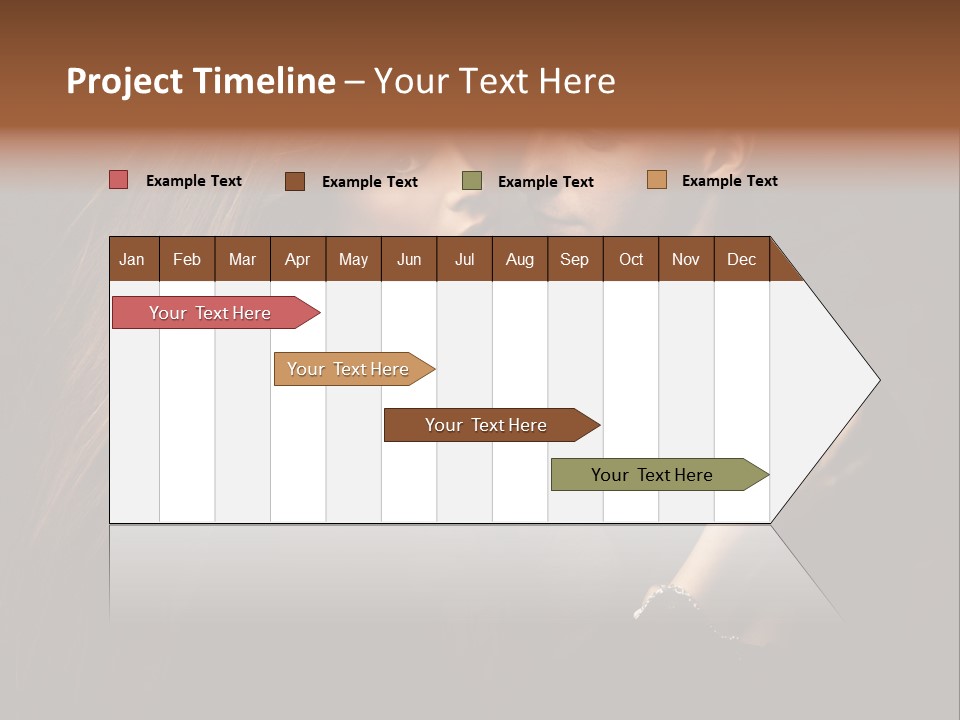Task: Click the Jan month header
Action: point(132,259)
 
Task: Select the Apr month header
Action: point(297,259)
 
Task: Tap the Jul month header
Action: point(464,259)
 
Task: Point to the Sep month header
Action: point(574,259)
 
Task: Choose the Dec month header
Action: point(741,259)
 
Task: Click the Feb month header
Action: point(187,259)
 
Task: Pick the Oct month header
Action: point(631,259)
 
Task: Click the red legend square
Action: point(118,180)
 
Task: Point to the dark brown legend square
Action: point(295,181)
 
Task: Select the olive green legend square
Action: point(472,181)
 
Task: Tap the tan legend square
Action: point(656,180)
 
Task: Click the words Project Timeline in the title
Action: point(201,81)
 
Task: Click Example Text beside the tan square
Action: point(729,181)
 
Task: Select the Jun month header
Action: point(409,259)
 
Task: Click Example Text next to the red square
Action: point(194,181)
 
